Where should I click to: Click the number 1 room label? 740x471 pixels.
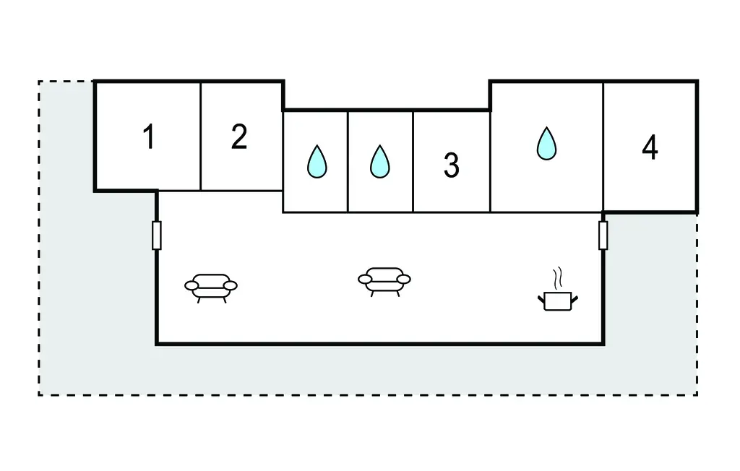pyautogui.click(x=149, y=137)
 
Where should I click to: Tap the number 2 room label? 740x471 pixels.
pyautogui.click(x=239, y=137)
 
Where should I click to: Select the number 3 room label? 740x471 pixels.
pyautogui.click(x=451, y=165)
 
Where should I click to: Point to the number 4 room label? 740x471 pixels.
pyautogui.click(x=650, y=147)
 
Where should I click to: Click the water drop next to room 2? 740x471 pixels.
pyautogui.click(x=317, y=162)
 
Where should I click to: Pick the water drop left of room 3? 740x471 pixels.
pyautogui.click(x=379, y=162)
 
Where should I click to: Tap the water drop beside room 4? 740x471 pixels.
pyautogui.click(x=547, y=144)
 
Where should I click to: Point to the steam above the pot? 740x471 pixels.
pyautogui.click(x=556, y=278)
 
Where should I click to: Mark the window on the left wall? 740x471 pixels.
pyautogui.click(x=156, y=236)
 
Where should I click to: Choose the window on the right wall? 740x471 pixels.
pyautogui.click(x=603, y=236)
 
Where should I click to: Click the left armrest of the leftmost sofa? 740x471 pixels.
pyautogui.click(x=192, y=286)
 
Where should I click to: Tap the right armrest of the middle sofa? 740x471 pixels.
pyautogui.click(x=403, y=279)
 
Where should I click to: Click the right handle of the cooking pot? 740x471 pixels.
pyautogui.click(x=575, y=297)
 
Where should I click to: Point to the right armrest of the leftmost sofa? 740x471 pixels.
pyautogui.click(x=231, y=286)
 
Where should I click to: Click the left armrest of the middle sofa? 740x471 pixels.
pyautogui.click(x=365, y=279)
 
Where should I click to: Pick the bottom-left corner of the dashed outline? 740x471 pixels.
pyautogui.click(x=39, y=394)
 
